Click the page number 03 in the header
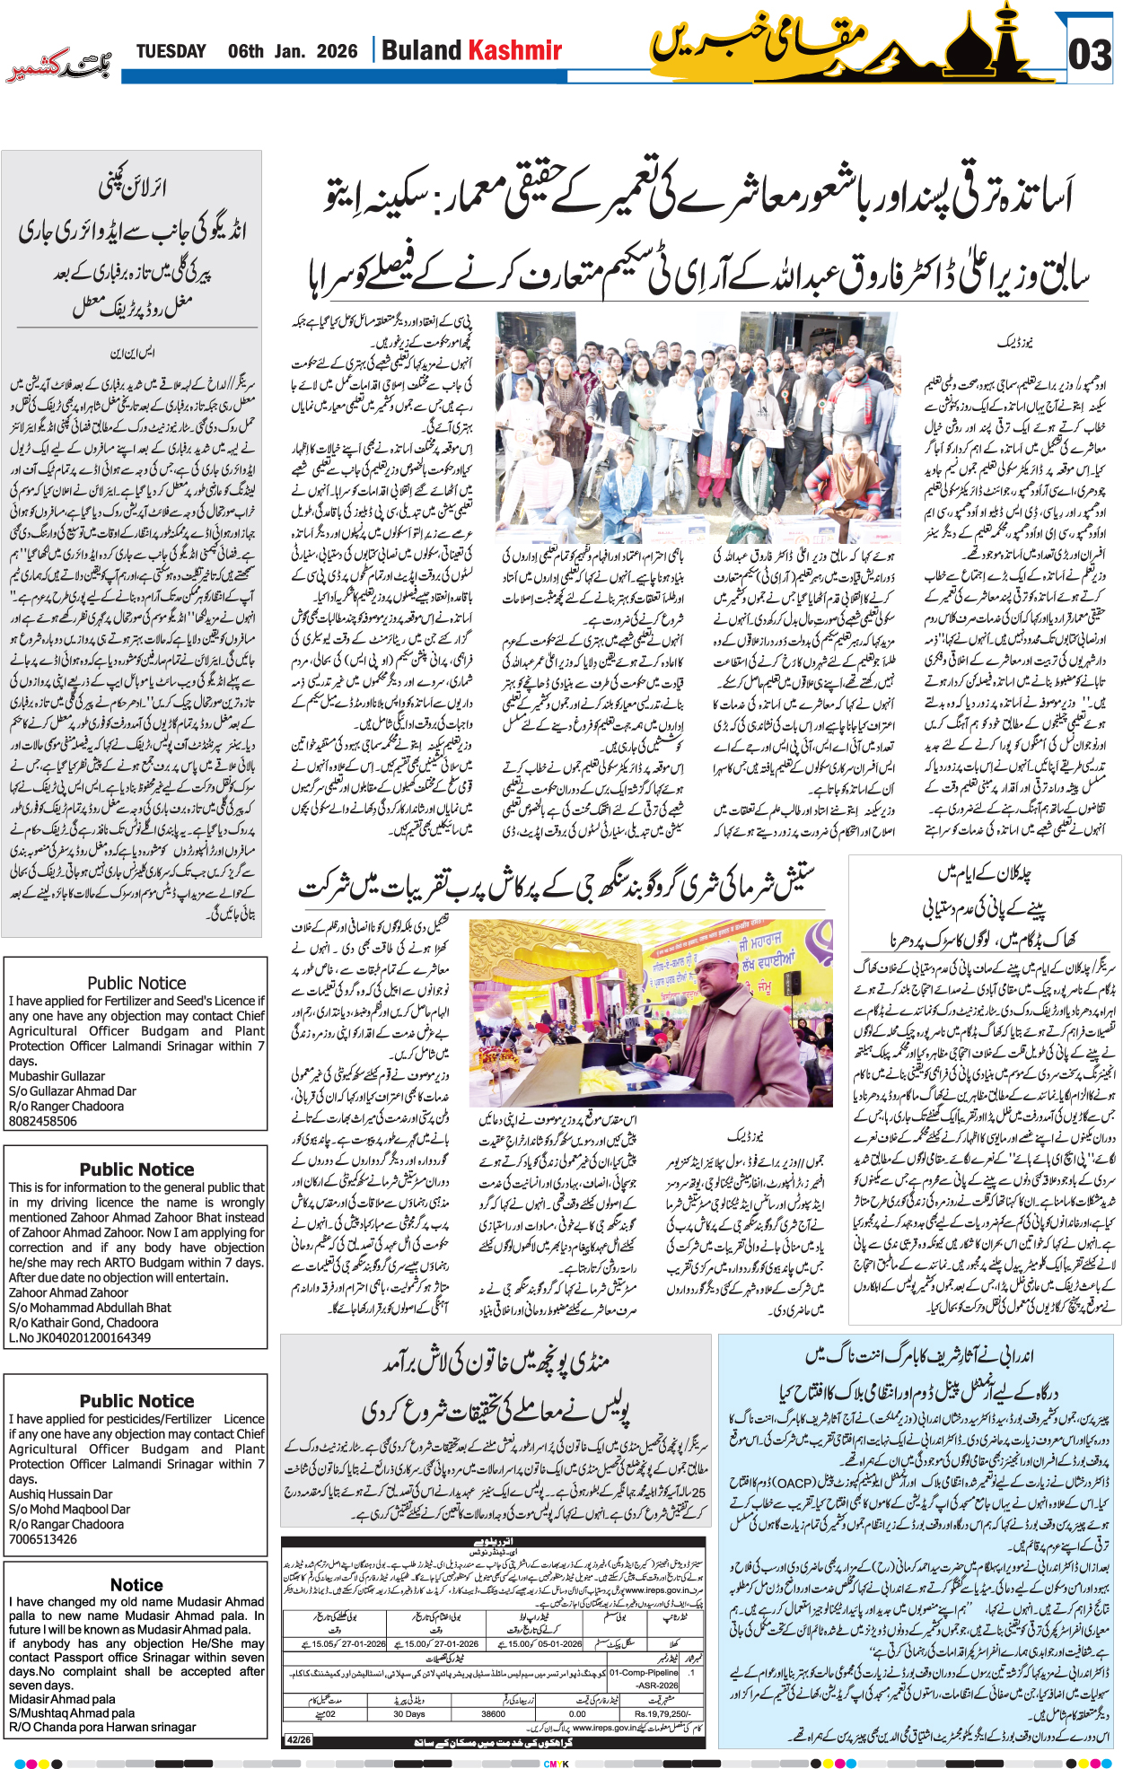1090,55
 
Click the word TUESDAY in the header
171,51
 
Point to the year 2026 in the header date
337,51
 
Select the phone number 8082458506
43,1121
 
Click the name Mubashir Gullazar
57,1075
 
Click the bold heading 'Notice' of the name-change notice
136,1585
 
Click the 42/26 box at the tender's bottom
298,1740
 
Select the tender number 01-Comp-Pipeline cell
645,1673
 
